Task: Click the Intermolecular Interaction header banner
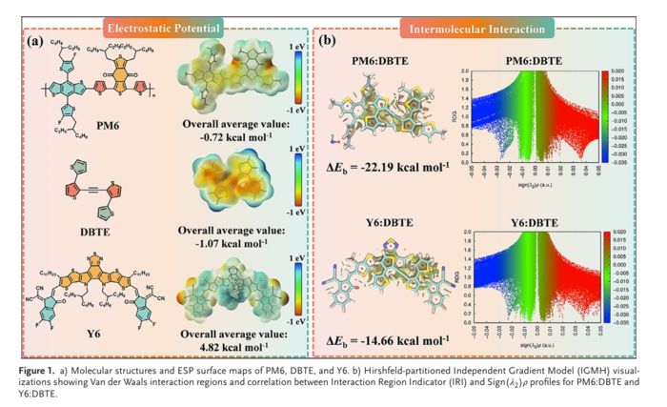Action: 477,29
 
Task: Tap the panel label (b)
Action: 326,42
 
